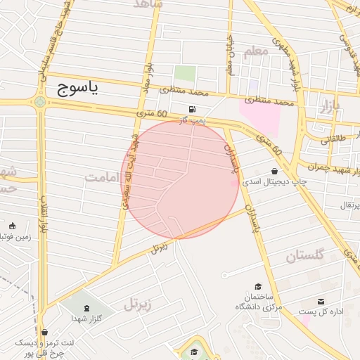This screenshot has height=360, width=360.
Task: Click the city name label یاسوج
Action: [75, 87]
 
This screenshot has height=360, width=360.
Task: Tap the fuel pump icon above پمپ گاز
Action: [191, 110]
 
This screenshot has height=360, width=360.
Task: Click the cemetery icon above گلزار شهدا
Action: [86, 309]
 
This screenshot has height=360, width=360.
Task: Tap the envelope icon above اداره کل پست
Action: [321, 300]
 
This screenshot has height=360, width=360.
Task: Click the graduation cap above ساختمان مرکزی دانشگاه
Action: [258, 287]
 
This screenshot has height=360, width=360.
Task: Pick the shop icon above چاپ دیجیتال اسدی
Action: [274, 171]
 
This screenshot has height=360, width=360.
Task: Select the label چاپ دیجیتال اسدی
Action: [275, 181]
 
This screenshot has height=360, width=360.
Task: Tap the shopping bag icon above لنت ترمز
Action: [45, 333]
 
